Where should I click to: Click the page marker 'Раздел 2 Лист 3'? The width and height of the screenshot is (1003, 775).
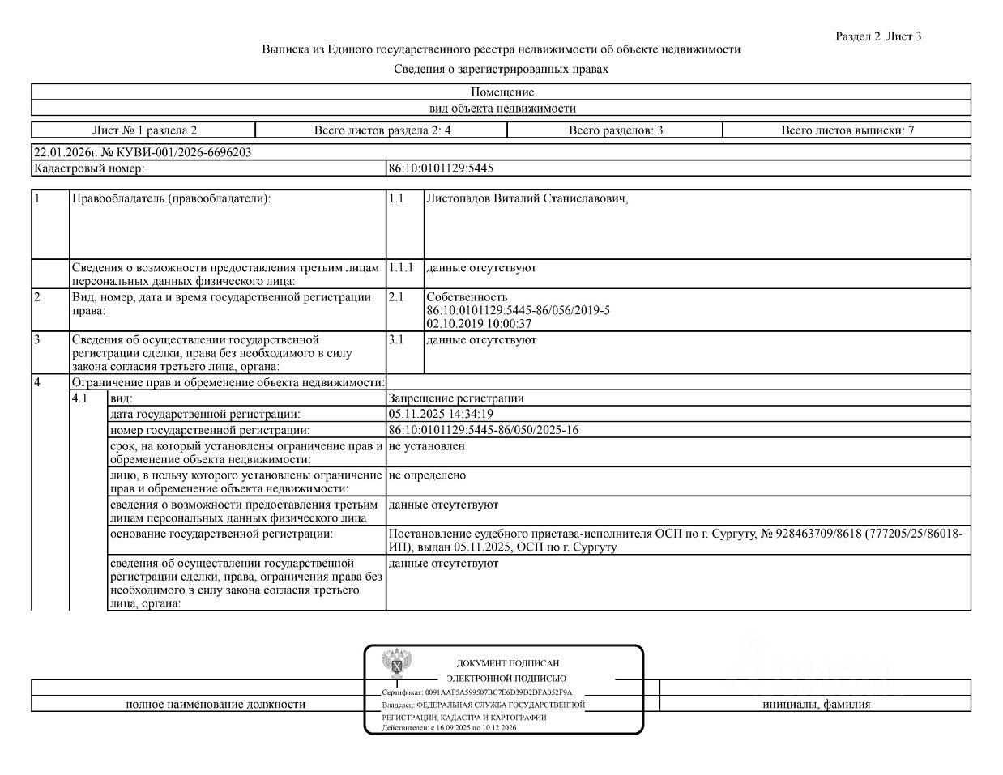pyautogui.click(x=878, y=36)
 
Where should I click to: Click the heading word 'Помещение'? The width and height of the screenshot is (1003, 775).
pyautogui.click(x=502, y=92)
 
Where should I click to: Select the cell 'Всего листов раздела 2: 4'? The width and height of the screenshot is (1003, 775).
pyautogui.click(x=382, y=130)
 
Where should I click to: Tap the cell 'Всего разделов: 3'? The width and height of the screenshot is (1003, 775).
pyautogui.click(x=615, y=130)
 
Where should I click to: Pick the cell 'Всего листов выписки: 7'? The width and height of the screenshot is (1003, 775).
pyautogui.click(x=847, y=130)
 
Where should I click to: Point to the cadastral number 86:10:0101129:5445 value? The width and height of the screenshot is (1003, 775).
pyautogui.click(x=441, y=168)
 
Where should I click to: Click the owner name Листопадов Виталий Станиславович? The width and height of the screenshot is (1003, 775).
pyautogui.click(x=527, y=199)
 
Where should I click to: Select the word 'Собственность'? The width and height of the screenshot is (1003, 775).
pyautogui.click(x=467, y=297)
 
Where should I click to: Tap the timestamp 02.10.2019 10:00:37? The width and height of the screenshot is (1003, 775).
pyautogui.click(x=479, y=324)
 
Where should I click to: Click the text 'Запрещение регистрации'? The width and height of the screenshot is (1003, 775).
pyautogui.click(x=456, y=398)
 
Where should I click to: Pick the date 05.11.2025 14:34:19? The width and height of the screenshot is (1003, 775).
pyautogui.click(x=441, y=414)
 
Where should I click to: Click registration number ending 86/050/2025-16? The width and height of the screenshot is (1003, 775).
pyautogui.click(x=484, y=430)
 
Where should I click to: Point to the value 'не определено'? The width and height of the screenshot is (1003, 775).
pyautogui.click(x=427, y=475)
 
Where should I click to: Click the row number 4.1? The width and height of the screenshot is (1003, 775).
pyautogui.click(x=80, y=398)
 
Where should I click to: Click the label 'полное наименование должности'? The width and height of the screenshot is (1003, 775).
pyautogui.click(x=216, y=705)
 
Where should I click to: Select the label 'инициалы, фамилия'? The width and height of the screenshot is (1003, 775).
pyautogui.click(x=816, y=705)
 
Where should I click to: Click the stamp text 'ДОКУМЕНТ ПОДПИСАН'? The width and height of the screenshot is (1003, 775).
pyautogui.click(x=507, y=663)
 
